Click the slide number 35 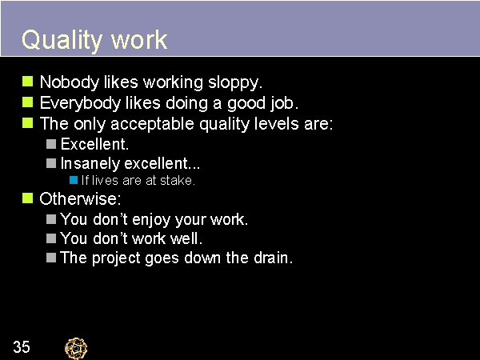22,347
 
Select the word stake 178,181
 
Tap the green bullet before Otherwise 27,198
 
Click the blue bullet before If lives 73,181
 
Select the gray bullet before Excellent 51,144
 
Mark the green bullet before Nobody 27,82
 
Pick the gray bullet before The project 51,258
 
